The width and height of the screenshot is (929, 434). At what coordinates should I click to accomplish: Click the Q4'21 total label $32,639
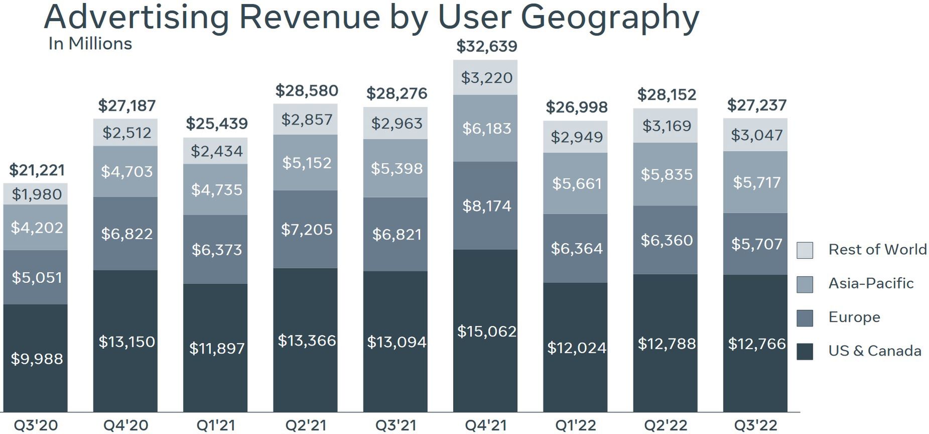(486, 46)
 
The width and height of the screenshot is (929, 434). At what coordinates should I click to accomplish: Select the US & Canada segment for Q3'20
(36, 358)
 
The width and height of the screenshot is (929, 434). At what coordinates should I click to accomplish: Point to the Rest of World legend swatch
(805, 250)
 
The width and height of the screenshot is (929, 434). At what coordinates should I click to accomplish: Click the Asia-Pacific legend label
(871, 283)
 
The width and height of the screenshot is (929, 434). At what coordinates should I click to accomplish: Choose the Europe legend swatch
(805, 317)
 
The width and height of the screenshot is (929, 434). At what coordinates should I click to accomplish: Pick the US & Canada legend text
(874, 351)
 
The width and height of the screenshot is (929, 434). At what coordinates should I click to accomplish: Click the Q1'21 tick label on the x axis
(215, 425)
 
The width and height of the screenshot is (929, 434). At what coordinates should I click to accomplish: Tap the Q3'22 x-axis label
(755, 425)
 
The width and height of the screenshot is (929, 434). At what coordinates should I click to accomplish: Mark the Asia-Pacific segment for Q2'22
(666, 174)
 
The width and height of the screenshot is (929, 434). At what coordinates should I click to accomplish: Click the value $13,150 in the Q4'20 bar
(126, 342)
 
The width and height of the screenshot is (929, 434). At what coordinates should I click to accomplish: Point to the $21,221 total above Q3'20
(37, 170)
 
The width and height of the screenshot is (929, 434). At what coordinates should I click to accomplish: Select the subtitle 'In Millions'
(90, 44)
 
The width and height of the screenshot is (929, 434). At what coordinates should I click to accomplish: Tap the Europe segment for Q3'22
(755, 244)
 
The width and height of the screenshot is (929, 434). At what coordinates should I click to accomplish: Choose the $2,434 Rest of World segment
(216, 151)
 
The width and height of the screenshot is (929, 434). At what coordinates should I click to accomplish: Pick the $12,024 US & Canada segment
(576, 348)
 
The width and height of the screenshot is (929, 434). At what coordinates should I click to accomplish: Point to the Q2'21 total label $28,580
(306, 91)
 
